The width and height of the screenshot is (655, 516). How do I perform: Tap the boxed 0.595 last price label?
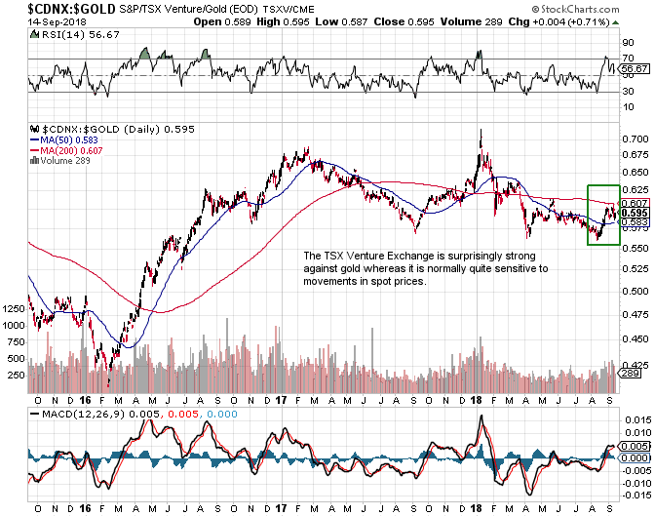click(634, 214)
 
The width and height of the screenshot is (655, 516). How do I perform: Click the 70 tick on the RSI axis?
click(628, 59)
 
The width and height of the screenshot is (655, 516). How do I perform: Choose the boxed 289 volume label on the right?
click(630, 374)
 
